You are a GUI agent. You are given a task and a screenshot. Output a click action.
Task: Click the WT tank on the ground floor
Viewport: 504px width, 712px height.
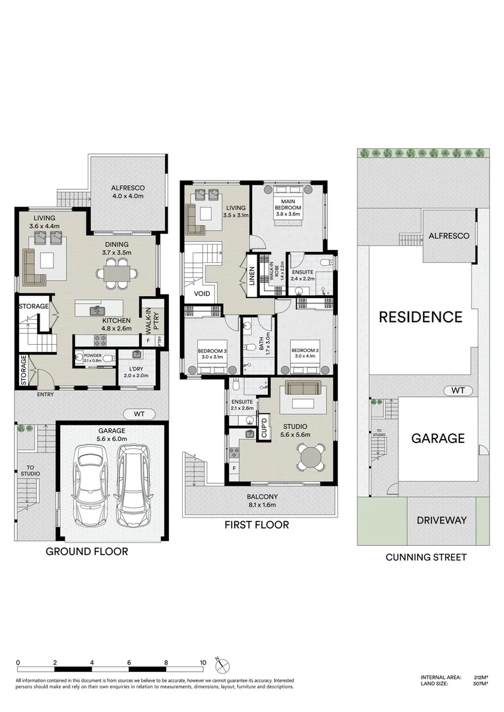[x=139, y=414]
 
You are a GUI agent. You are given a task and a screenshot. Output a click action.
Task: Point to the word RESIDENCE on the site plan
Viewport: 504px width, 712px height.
[x=420, y=317]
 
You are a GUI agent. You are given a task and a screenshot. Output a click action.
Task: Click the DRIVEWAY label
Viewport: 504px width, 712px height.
[x=441, y=520]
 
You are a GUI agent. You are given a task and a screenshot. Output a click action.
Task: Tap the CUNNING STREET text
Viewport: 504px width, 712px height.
[x=425, y=557]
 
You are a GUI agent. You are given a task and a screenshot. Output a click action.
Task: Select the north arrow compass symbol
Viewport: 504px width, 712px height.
[x=221, y=664]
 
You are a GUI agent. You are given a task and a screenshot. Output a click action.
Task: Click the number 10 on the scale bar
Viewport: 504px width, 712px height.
[x=203, y=663]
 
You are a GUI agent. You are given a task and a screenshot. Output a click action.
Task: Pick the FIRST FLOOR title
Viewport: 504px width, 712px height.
[x=256, y=525]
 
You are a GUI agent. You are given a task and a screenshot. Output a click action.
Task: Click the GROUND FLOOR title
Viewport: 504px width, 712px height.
[x=86, y=551]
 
